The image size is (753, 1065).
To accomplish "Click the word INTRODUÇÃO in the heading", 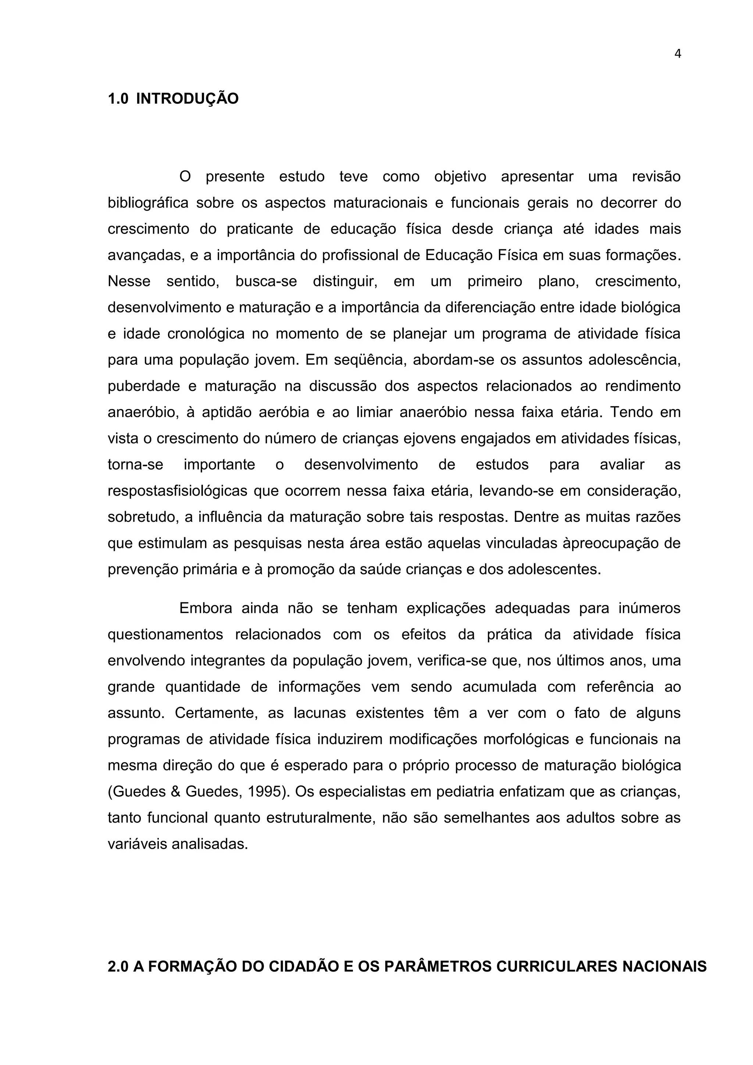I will (x=187, y=99).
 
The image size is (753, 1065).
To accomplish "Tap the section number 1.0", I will (x=118, y=99).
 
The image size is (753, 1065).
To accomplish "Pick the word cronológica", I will (x=206, y=334).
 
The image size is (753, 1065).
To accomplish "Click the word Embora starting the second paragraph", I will (x=206, y=608).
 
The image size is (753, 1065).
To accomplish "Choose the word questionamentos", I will (x=165, y=634).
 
